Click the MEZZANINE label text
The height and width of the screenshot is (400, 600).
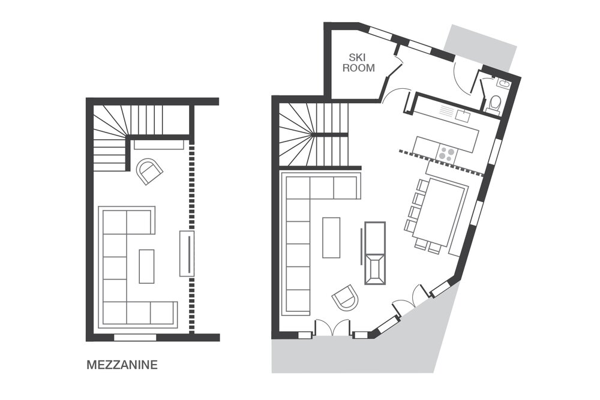(x=122, y=365)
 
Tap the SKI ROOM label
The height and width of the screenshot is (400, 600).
(x=359, y=63)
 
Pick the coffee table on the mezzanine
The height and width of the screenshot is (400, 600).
(x=146, y=266)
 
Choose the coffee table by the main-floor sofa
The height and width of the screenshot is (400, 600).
(x=331, y=237)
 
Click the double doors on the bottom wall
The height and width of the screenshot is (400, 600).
(x=332, y=329)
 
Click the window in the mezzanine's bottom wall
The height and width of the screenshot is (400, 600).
(x=136, y=337)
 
